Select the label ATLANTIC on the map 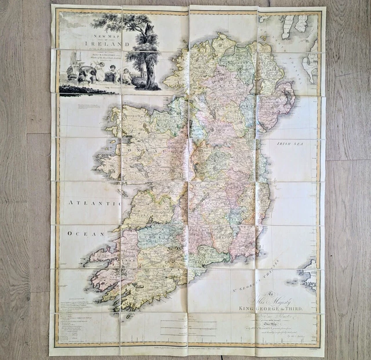[x=88, y=203]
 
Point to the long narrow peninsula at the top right [x=288, y=26]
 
